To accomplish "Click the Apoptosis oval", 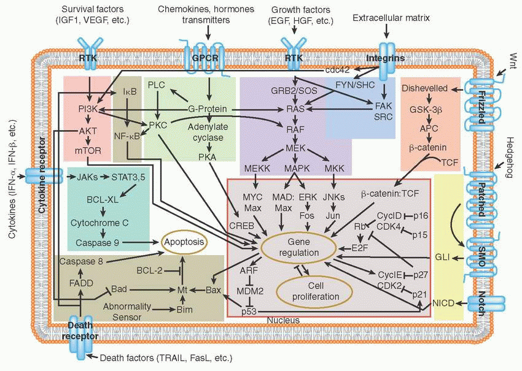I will tap(183, 242).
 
